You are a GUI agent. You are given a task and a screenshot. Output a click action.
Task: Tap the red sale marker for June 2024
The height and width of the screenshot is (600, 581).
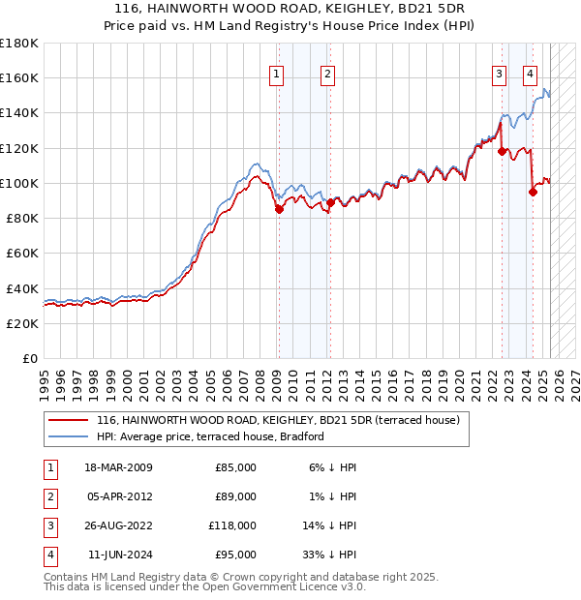point(533,192)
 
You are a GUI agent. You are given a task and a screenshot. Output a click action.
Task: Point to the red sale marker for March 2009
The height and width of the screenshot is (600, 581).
point(279,209)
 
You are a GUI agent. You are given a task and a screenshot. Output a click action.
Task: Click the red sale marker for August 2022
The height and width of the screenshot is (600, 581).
point(502,151)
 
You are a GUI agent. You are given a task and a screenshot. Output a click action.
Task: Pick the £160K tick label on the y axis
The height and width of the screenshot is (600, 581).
point(19,77)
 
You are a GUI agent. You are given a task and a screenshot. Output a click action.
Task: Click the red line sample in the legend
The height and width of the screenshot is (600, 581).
point(69,420)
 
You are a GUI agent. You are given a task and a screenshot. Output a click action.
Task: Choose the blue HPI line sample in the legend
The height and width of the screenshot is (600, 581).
point(69,436)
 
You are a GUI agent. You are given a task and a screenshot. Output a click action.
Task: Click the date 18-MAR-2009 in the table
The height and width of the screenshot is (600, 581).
point(119,468)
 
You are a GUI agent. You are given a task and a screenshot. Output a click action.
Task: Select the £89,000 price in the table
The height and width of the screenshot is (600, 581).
point(235,496)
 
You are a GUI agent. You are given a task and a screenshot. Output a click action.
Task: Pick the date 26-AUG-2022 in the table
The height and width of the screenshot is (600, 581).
point(119,525)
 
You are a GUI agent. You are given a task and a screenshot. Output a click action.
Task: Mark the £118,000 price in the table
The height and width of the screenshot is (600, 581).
point(232,525)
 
